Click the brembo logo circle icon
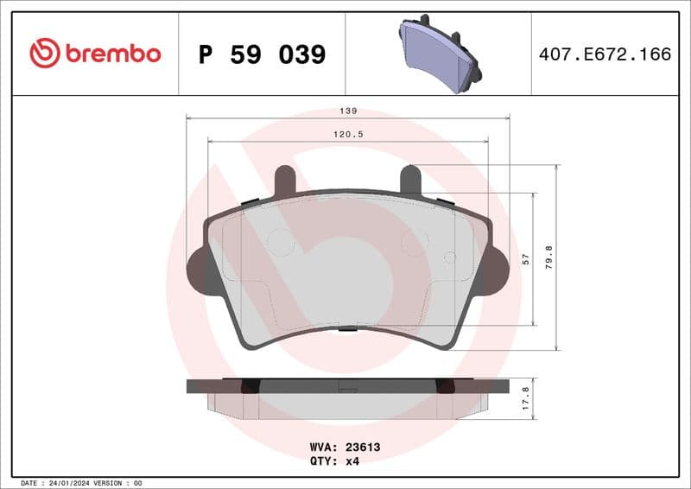point(45,54)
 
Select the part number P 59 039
point(262,54)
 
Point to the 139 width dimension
point(348,111)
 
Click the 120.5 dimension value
point(348,135)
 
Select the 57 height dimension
point(525,259)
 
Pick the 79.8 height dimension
point(549,257)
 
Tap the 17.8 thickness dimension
point(526,398)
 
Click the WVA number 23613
point(363,448)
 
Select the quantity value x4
point(352,460)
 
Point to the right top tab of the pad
point(410,179)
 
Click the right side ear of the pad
point(496,269)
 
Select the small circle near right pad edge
point(449,257)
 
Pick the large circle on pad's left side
point(281,242)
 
